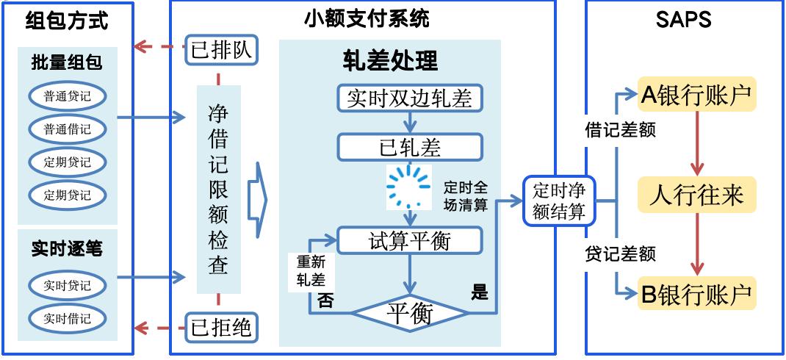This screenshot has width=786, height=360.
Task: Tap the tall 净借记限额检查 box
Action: click(218, 190)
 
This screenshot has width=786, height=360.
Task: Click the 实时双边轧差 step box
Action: click(410, 98)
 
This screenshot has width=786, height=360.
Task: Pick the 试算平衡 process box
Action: click(410, 240)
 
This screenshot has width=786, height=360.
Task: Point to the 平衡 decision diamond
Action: click(410, 314)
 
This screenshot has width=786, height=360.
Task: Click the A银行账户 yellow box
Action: click(696, 95)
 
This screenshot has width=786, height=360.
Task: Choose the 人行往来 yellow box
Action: click(696, 195)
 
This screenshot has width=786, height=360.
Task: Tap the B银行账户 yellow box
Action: click(696, 295)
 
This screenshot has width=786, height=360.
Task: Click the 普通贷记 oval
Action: click(68, 96)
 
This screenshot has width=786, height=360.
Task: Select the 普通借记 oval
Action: click(68, 129)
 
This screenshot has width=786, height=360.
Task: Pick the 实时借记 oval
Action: click(68, 318)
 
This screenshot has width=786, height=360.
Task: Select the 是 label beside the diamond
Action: click(480, 293)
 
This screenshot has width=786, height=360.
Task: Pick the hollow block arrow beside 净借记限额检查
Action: click(256, 199)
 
